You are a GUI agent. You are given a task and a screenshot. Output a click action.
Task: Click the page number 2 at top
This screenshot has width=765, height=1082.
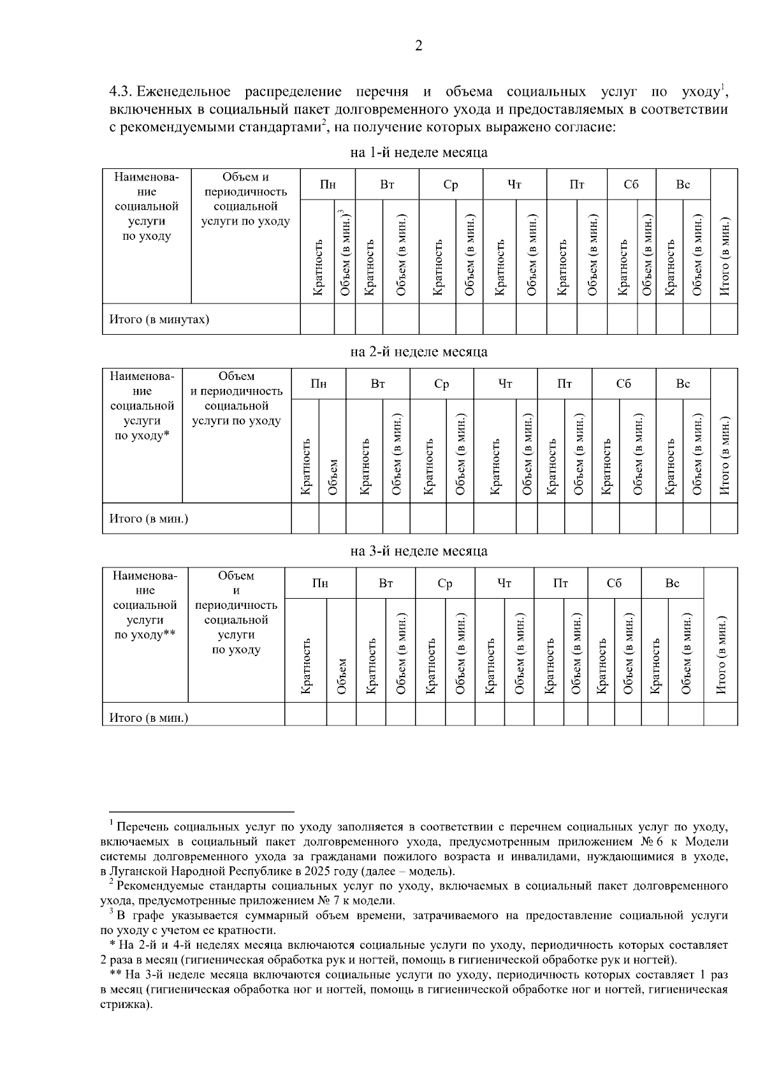click(418, 45)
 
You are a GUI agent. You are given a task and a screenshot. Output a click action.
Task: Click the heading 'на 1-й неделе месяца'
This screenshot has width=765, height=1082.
click(419, 153)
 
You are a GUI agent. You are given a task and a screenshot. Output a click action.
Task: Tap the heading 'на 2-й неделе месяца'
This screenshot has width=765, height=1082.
click(419, 352)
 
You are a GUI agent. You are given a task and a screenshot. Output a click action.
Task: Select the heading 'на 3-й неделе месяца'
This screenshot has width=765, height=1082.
click(419, 551)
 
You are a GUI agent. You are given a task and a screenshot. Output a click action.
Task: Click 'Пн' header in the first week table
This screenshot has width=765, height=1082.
click(328, 185)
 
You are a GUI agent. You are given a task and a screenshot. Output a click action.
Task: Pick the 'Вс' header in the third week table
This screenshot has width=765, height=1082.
click(673, 583)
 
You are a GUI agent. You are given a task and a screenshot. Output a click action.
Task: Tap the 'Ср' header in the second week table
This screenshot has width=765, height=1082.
click(441, 384)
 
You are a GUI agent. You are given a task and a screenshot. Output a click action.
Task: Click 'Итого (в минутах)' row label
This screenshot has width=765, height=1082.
click(159, 319)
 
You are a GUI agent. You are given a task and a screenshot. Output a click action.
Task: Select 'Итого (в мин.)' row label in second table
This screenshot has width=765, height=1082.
click(149, 518)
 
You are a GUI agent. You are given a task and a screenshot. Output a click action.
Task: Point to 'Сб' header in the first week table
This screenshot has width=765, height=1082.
click(631, 185)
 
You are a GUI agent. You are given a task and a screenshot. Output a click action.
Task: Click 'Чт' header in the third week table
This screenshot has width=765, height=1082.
click(504, 583)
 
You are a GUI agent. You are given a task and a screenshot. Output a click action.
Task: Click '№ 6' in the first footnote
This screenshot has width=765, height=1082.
click(657, 842)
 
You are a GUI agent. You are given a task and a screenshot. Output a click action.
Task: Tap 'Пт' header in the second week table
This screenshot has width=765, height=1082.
click(564, 384)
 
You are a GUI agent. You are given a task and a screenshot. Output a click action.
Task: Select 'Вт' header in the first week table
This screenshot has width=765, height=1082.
click(387, 185)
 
